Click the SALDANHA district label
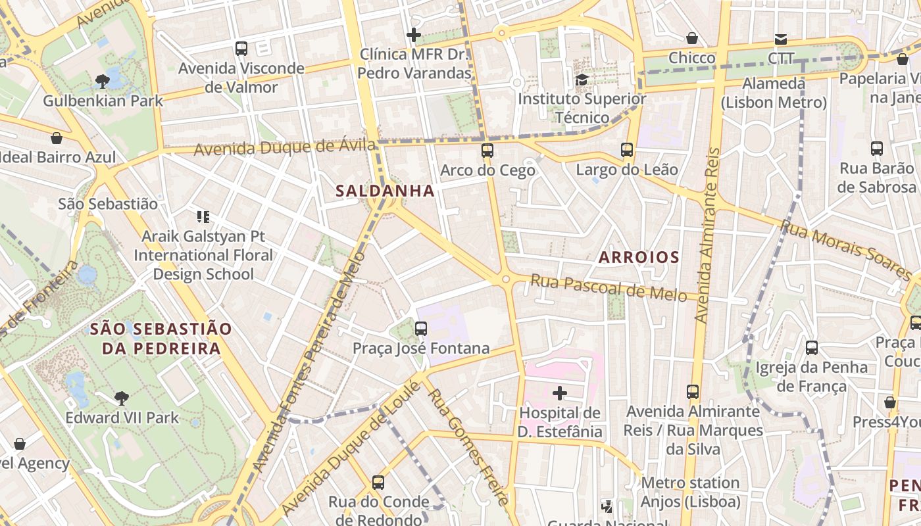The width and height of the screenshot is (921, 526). [x=385, y=191]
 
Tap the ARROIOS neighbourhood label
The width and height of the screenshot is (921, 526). [x=639, y=257]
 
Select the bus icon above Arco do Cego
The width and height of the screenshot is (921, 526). [x=487, y=150]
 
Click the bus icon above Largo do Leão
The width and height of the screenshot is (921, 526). [x=627, y=149]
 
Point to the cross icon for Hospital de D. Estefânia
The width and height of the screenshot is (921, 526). [x=560, y=393]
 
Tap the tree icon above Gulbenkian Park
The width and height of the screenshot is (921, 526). [x=103, y=81]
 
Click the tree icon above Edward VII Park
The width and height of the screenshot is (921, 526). [x=122, y=397]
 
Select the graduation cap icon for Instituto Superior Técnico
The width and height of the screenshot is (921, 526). [x=582, y=80]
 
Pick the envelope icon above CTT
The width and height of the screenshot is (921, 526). [x=781, y=39]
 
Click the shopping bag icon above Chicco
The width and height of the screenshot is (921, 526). [x=692, y=38]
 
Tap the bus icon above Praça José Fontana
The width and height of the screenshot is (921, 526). [x=421, y=328]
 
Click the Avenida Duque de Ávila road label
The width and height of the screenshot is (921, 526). [x=285, y=147]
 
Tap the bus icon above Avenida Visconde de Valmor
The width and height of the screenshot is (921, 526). [x=241, y=48]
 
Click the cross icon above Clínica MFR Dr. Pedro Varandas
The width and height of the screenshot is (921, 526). [x=414, y=34]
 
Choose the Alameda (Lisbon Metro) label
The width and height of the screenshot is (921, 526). [x=774, y=93]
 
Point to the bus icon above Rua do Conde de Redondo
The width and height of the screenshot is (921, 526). [x=378, y=482]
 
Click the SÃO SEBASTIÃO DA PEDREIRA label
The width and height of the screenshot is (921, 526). [x=161, y=338]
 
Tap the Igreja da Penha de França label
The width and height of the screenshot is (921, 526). [x=812, y=376]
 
